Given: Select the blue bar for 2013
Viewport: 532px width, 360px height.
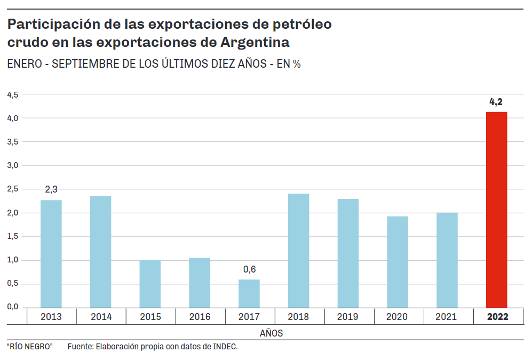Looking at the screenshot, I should (x=51, y=253).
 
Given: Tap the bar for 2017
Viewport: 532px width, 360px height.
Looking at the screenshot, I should (x=249, y=293).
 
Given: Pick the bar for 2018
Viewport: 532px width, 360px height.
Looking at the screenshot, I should (x=298, y=250).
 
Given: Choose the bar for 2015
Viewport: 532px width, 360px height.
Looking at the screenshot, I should (x=150, y=284).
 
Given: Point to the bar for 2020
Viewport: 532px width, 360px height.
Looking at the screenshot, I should (x=398, y=261).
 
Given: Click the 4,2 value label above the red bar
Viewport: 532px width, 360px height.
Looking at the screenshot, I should (x=496, y=102).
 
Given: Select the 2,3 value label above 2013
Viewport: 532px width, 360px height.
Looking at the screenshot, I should (x=51, y=189).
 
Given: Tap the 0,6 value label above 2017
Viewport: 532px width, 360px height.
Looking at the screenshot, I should (x=249, y=269).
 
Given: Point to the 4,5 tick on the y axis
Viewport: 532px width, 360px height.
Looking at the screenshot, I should (x=12, y=94).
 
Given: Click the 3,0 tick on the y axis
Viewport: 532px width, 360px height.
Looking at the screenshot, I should (x=12, y=165).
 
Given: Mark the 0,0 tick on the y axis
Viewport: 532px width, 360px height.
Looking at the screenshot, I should (x=12, y=307).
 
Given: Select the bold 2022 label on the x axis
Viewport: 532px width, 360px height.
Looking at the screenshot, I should (x=497, y=317).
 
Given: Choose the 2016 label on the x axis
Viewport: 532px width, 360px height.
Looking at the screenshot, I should (x=200, y=317).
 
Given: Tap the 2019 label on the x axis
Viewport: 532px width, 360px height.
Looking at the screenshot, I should (x=348, y=317).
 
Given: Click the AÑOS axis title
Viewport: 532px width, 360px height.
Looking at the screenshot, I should (x=272, y=333).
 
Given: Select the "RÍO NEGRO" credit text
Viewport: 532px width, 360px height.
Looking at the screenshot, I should (x=30, y=347).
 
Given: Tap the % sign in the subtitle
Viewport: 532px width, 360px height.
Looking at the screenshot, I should (x=297, y=64).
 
